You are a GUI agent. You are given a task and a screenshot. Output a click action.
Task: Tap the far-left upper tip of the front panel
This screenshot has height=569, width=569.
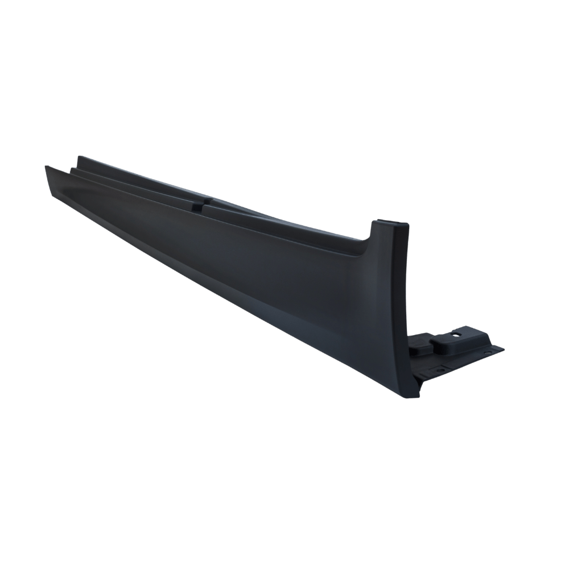[x=46, y=167]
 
